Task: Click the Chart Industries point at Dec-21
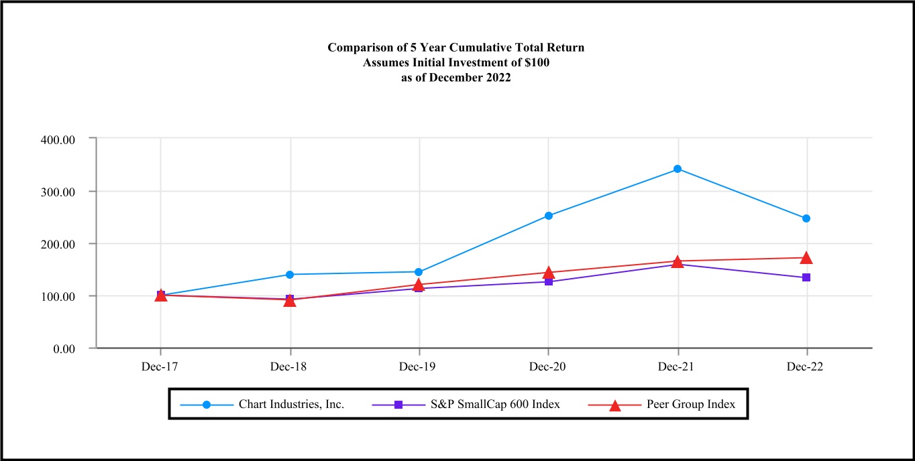pos(678,169)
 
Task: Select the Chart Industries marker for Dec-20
pos(549,216)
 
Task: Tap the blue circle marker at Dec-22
pos(806,218)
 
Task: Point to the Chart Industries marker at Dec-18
pos(290,274)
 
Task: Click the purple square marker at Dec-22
pos(806,277)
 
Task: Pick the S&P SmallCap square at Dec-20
pos(549,281)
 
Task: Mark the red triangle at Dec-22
pos(806,258)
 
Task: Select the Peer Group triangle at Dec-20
pos(549,273)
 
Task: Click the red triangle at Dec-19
pos(419,285)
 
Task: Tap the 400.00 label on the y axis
pos(58,139)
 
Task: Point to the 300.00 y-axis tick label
pos(58,191)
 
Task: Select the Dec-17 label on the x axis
pos(161,367)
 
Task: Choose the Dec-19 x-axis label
pos(419,367)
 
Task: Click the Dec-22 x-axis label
pos(806,367)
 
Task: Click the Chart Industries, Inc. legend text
pos(291,405)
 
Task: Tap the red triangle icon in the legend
pos(614,405)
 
